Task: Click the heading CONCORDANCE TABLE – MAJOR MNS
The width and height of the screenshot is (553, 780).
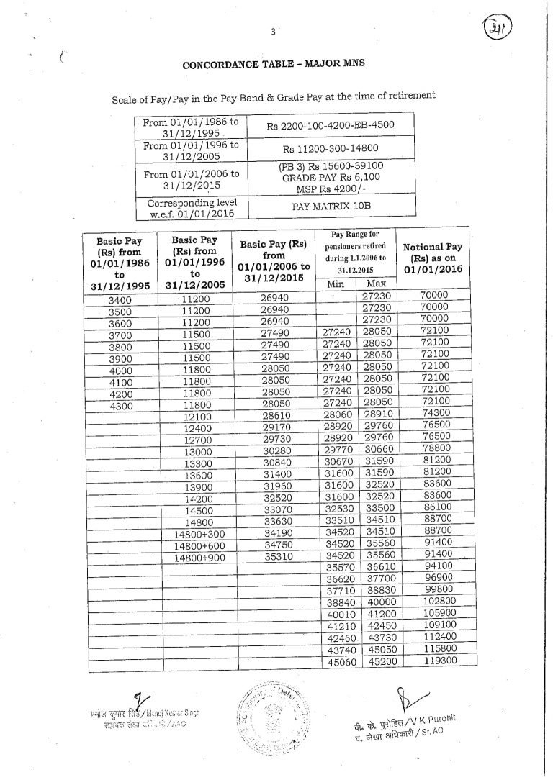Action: click(x=274, y=63)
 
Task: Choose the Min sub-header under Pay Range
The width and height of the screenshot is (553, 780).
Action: click(x=336, y=284)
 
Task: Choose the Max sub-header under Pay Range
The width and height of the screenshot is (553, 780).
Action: click(x=376, y=284)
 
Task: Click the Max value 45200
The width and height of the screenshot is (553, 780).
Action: click(x=377, y=661)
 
